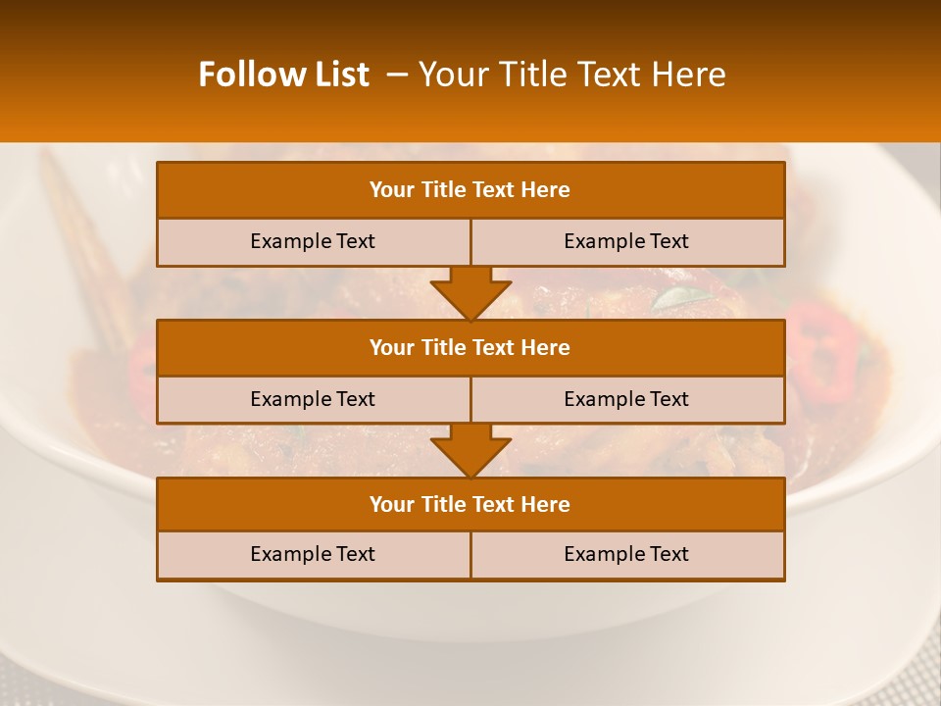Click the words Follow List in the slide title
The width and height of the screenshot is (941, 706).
(283, 75)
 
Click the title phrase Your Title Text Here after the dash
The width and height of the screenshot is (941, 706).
(571, 75)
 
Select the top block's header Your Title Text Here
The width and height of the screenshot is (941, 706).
(470, 190)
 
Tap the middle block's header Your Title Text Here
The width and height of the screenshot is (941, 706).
(470, 347)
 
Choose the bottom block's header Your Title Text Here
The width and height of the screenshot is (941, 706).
(470, 504)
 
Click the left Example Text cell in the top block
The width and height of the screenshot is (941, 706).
(313, 241)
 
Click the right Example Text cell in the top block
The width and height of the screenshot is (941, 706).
(626, 241)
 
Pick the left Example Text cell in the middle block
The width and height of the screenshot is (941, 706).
(313, 399)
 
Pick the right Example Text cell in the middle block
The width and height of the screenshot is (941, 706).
(626, 399)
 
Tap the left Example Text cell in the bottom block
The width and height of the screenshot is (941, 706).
(313, 554)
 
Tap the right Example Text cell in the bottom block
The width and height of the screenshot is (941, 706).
(626, 554)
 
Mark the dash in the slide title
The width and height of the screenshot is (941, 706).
(397, 75)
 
